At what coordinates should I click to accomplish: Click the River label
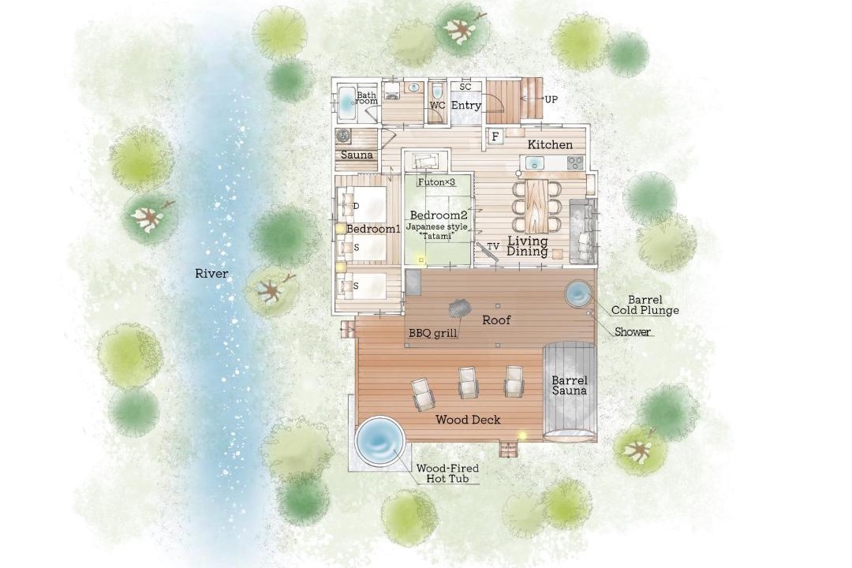point(211,274)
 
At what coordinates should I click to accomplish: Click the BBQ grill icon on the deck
point(458,309)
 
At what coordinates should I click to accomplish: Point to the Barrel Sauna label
point(569,385)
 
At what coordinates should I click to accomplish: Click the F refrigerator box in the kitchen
point(495,136)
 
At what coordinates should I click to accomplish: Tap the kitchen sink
point(535,163)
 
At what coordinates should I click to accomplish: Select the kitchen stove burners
point(575,163)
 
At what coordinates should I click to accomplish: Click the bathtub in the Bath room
point(346,103)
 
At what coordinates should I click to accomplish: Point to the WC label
point(437,106)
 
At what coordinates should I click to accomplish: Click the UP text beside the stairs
point(551,99)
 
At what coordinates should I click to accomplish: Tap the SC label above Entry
point(465,87)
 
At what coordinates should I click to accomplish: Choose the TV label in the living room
point(493,247)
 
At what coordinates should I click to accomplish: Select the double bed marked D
point(362,205)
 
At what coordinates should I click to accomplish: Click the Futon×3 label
point(436,183)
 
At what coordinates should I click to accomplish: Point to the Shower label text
point(633,331)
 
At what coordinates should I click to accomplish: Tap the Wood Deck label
point(468,420)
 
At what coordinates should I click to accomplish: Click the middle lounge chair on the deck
point(468,383)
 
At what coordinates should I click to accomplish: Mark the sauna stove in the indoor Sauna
point(343,136)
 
